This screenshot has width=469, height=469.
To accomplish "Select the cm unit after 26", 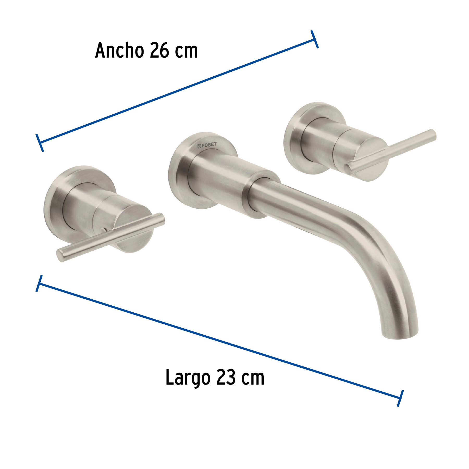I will click(x=186, y=51).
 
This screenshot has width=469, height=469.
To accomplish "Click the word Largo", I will click(x=188, y=378).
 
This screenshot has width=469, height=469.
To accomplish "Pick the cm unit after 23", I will click(x=252, y=378).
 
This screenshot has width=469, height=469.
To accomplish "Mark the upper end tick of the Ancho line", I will click(x=314, y=39).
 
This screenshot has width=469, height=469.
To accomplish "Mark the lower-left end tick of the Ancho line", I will click(x=40, y=143).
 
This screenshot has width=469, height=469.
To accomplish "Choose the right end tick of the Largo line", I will click(x=400, y=398).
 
